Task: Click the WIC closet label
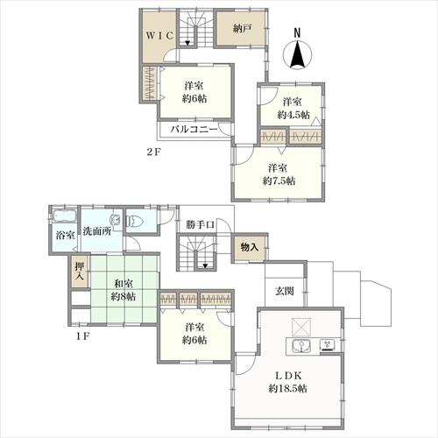click(160, 36)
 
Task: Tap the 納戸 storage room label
click(243, 29)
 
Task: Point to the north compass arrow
click(298, 53)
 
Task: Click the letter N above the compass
click(297, 32)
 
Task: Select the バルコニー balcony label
click(194, 130)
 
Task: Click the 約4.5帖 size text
click(293, 115)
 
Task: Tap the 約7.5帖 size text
click(279, 181)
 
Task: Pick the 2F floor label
click(154, 152)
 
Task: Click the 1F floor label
click(82, 336)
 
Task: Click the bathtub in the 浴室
click(64, 216)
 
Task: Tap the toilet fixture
click(135, 221)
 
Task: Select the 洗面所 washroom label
click(97, 231)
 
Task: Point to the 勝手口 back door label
click(201, 225)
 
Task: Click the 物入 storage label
click(250, 247)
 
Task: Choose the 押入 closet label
click(80, 272)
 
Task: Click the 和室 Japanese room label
click(124, 283)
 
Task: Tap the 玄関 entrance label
click(285, 291)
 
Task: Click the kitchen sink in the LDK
click(300, 346)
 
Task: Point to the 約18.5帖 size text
click(288, 389)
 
